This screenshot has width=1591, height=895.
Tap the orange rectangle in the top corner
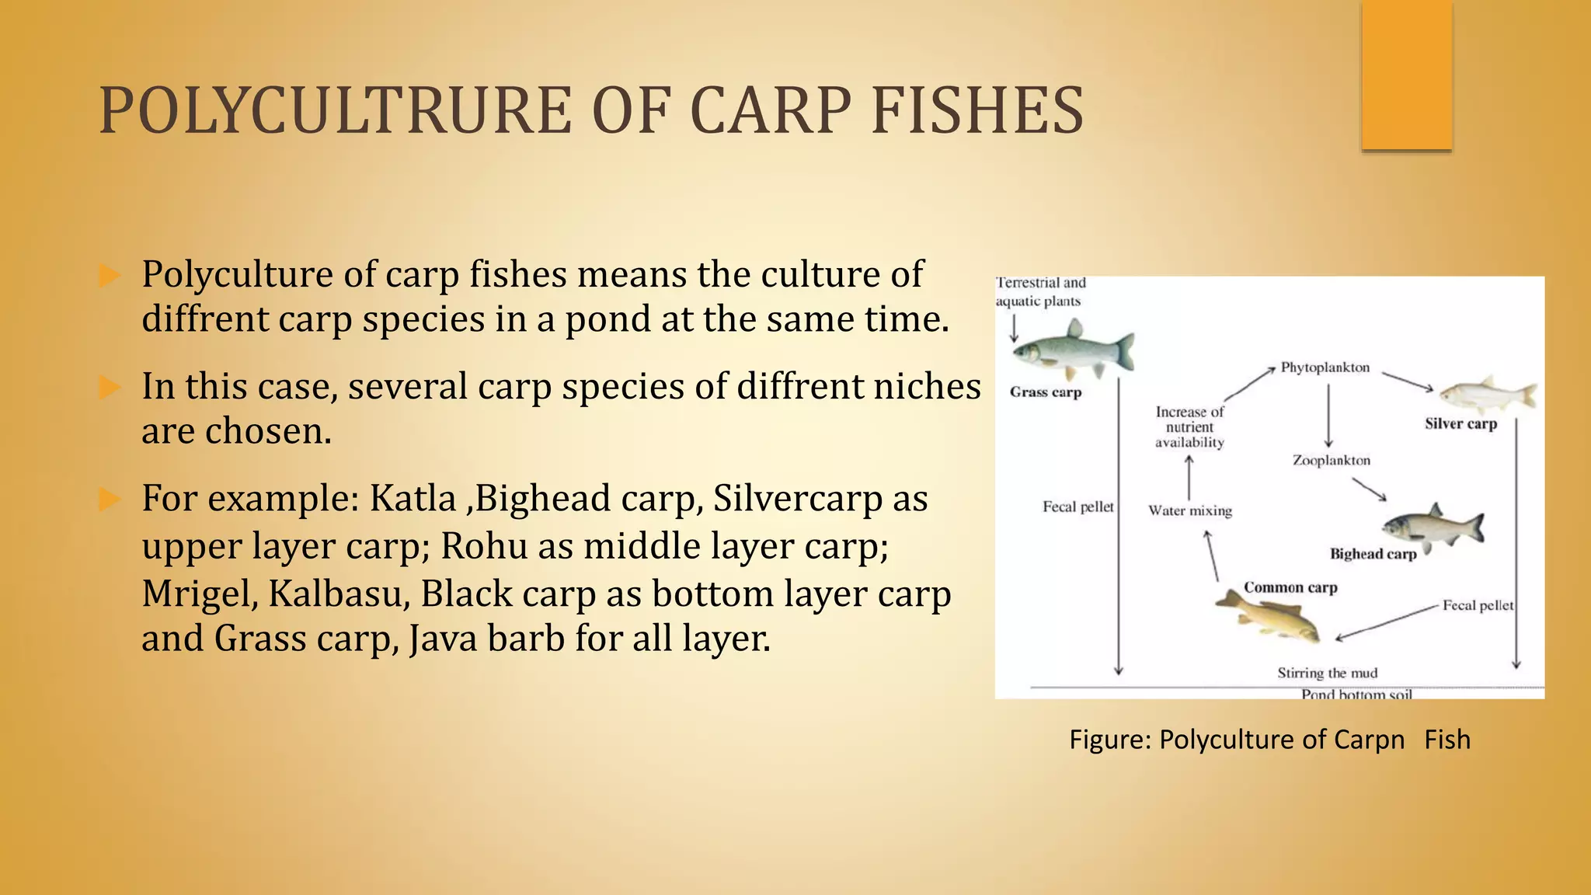(x=1406, y=75)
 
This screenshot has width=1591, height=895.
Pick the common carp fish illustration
(x=1268, y=617)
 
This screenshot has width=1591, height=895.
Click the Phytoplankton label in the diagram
(x=1325, y=367)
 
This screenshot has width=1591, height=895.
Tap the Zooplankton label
(x=1331, y=461)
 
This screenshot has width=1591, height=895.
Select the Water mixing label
(x=1190, y=510)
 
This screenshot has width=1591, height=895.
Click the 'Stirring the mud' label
(x=1327, y=673)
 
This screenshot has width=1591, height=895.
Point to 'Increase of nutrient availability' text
(x=1189, y=427)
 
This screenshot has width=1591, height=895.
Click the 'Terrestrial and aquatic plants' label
(x=1040, y=292)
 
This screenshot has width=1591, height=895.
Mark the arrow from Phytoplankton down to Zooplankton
(x=1328, y=416)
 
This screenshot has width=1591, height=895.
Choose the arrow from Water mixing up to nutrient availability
(x=1189, y=477)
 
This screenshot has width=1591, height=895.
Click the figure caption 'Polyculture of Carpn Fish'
(x=1269, y=739)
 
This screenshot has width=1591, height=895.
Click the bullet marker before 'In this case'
(x=110, y=387)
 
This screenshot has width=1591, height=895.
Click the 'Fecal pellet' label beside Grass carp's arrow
(x=1077, y=507)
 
